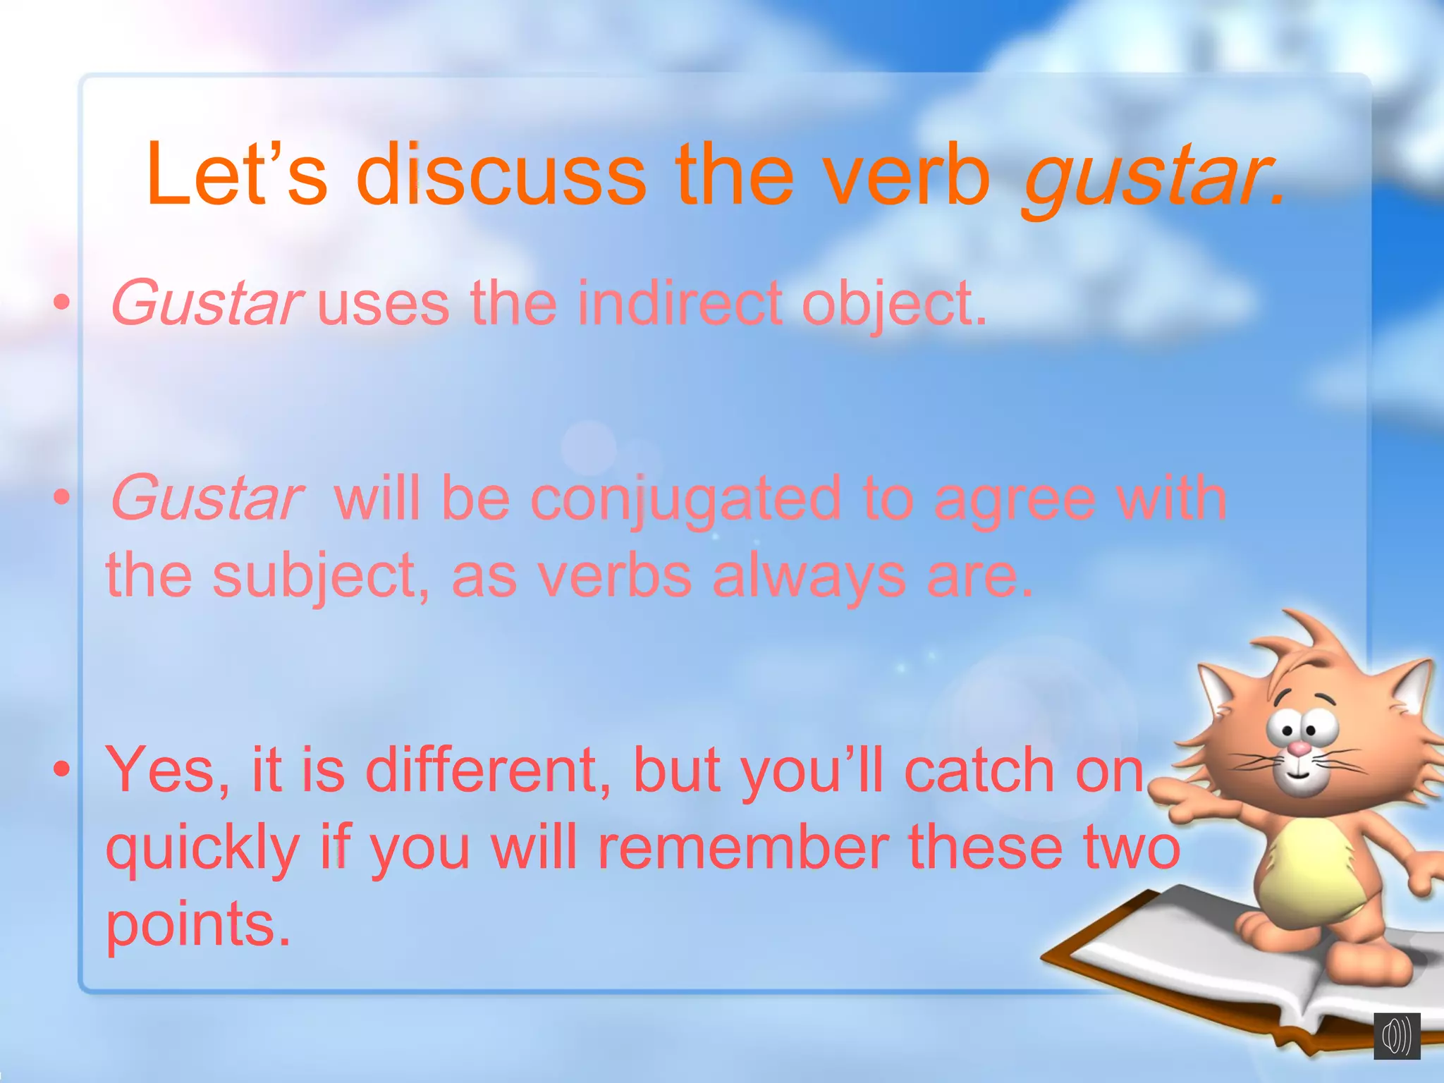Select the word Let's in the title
point(236,174)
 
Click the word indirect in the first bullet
point(680,303)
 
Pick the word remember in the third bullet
point(743,848)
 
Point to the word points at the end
point(197,925)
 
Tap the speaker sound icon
point(1396,1036)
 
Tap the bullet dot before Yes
point(63,770)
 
